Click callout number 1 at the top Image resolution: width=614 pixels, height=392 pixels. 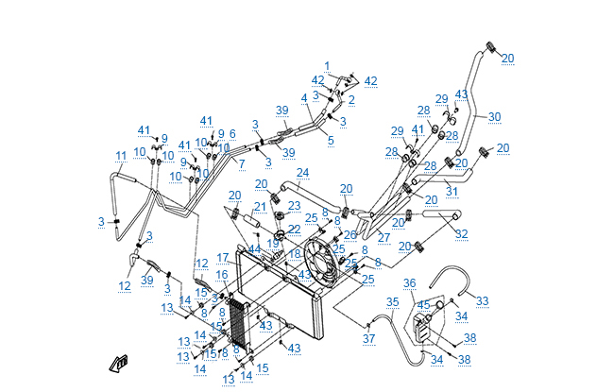click(327, 66)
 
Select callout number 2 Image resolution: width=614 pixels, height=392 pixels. click(351, 99)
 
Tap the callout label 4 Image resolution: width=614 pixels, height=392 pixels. click(304, 98)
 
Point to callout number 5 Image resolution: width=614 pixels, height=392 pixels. click(331, 141)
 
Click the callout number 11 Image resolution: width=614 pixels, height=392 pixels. click(120, 156)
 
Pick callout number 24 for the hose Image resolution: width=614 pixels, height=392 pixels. click(302, 173)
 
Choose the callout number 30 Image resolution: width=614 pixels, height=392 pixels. click(494, 117)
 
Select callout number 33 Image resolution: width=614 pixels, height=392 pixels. click(482, 300)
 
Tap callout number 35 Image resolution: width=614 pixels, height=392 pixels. click(392, 301)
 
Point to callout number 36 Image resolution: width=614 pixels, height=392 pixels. click(410, 282)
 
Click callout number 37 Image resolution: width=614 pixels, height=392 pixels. click(369, 338)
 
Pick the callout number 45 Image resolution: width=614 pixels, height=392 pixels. click(424, 304)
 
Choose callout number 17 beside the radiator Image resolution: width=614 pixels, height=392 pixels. click(223, 257)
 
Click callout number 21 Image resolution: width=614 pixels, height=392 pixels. click(260, 207)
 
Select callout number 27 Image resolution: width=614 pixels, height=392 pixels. click(384, 239)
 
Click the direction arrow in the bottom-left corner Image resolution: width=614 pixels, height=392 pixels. click(119, 363)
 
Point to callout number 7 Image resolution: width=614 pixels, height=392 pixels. click(242, 164)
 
